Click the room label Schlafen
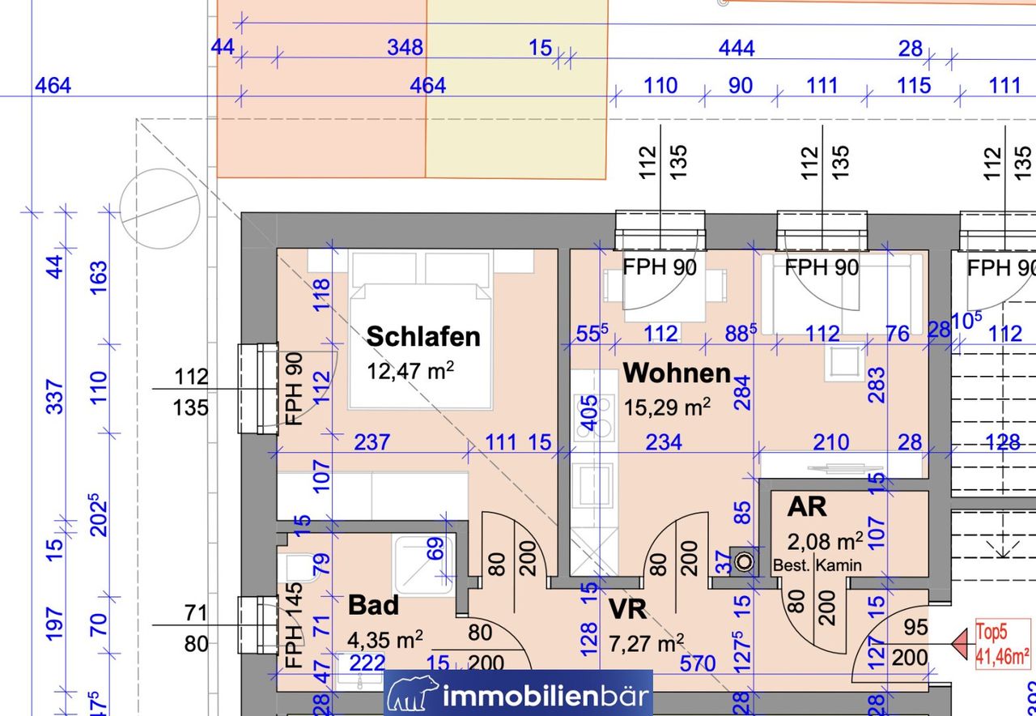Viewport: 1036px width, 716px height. (x=423, y=336)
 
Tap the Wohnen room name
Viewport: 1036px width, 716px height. (x=677, y=373)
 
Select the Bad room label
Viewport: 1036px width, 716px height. (x=373, y=605)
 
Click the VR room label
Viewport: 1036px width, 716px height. (x=627, y=609)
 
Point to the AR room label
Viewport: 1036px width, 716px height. (x=807, y=507)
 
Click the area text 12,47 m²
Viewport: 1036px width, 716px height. (x=410, y=371)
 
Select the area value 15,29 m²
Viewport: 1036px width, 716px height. (x=667, y=407)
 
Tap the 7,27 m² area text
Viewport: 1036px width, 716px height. (x=646, y=643)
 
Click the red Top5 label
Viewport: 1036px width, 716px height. (x=991, y=632)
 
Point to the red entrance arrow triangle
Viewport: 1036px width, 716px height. (x=962, y=644)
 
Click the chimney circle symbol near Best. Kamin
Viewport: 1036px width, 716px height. (x=744, y=562)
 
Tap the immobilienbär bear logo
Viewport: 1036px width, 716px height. (x=413, y=693)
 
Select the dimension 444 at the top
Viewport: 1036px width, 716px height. (x=737, y=48)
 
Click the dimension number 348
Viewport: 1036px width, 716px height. (x=405, y=48)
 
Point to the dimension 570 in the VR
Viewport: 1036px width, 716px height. (x=698, y=664)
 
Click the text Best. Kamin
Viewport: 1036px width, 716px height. (x=817, y=565)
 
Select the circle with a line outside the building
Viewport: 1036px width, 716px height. (x=160, y=209)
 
